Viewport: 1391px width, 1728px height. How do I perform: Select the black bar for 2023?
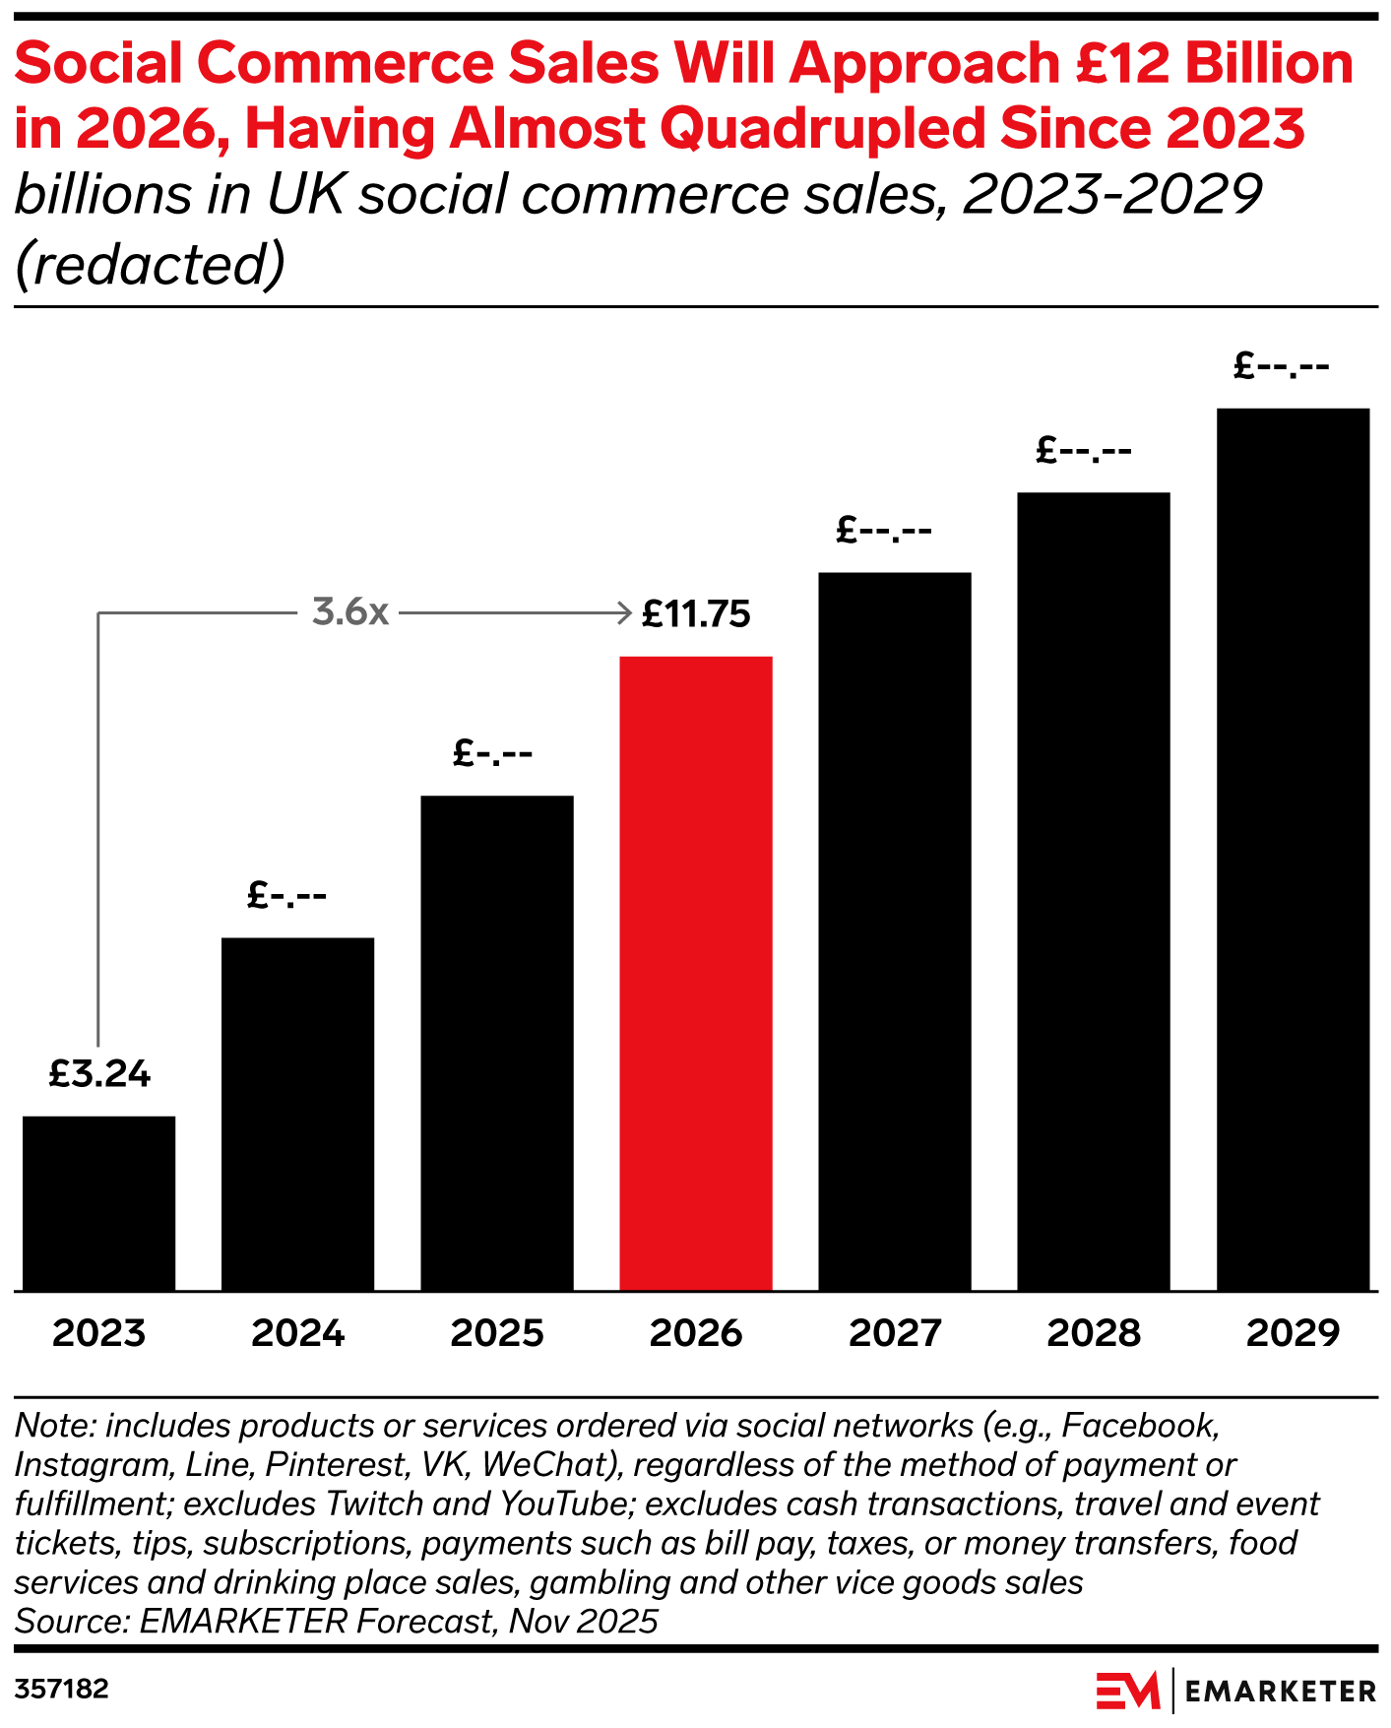[98, 1202]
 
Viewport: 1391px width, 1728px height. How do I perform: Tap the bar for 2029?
[1293, 849]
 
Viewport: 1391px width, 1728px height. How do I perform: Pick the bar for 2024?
[297, 1114]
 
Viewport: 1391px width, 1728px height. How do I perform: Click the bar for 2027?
[894, 930]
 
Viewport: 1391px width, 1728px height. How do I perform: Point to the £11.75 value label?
[696, 614]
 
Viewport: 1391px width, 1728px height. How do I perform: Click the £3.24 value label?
[99, 1074]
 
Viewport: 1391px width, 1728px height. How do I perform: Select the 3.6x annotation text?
[350, 612]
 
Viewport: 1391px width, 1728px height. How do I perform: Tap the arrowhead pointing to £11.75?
[624, 612]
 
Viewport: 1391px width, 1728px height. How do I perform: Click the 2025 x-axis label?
[497, 1333]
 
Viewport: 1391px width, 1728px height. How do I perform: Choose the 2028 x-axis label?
[1094, 1333]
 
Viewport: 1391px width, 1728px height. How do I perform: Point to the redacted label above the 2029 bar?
[1281, 367]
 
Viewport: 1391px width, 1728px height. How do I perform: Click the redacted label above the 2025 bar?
[492, 754]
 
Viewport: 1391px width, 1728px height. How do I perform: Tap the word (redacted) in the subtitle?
[150, 264]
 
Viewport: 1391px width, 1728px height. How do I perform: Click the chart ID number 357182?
[61, 1690]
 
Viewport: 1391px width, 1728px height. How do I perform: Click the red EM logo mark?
[1128, 1691]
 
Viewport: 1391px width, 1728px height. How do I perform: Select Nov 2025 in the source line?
[583, 1621]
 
